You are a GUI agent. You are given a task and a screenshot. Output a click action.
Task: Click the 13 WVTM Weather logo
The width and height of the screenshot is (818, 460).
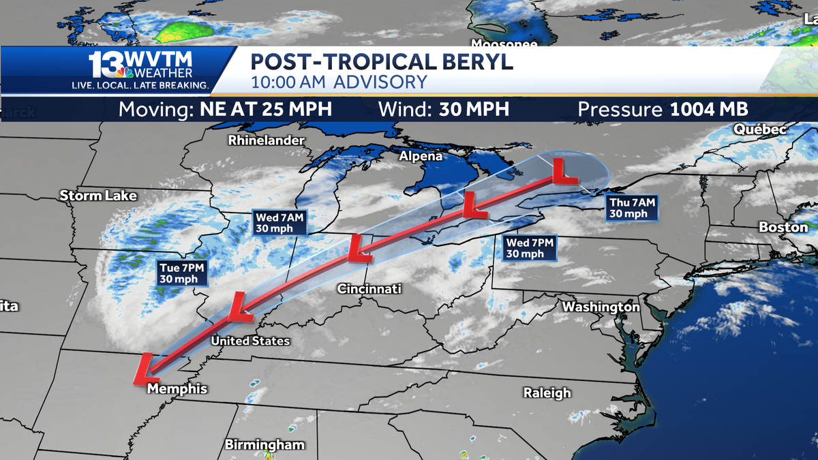click(141, 69)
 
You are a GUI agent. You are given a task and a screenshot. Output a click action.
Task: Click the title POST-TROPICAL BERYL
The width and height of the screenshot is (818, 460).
click(382, 61)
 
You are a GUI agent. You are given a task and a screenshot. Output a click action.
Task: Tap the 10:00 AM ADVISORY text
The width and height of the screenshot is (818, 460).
click(339, 82)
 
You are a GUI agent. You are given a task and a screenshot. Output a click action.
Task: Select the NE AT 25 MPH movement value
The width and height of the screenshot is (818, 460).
click(266, 109)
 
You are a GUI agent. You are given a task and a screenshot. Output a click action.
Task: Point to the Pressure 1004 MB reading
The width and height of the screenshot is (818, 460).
click(663, 109)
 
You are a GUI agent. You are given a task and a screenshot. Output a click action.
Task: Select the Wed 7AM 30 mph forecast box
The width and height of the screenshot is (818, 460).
click(279, 223)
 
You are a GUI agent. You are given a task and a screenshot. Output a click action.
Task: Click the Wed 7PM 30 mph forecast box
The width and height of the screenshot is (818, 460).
click(530, 248)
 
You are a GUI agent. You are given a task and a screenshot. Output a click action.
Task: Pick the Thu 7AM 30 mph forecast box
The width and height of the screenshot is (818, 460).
click(632, 208)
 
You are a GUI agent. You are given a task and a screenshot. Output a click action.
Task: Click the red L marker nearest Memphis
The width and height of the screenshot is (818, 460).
click(145, 368)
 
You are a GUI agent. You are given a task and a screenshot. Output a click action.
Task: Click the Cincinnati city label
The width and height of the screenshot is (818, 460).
click(369, 289)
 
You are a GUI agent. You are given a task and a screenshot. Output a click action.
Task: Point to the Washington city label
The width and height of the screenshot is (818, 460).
click(601, 307)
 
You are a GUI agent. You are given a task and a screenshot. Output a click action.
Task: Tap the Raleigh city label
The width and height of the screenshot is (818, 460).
click(547, 393)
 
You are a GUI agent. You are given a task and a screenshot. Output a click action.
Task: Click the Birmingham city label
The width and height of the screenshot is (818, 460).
click(264, 445)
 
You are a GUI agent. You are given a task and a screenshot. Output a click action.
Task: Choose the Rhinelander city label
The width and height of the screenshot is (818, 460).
click(266, 140)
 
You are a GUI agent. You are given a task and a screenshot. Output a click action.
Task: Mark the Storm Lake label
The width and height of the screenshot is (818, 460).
click(98, 196)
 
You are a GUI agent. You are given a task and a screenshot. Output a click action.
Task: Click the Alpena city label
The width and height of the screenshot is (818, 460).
click(421, 156)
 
